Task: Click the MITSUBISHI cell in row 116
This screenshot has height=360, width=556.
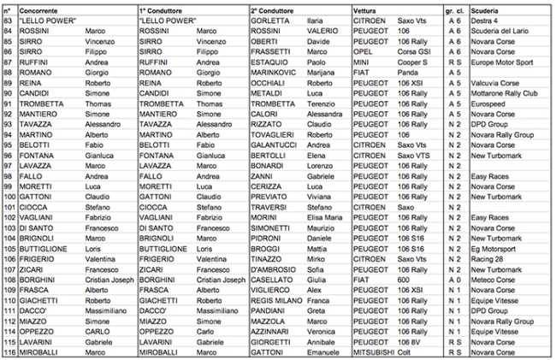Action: [370, 350]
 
